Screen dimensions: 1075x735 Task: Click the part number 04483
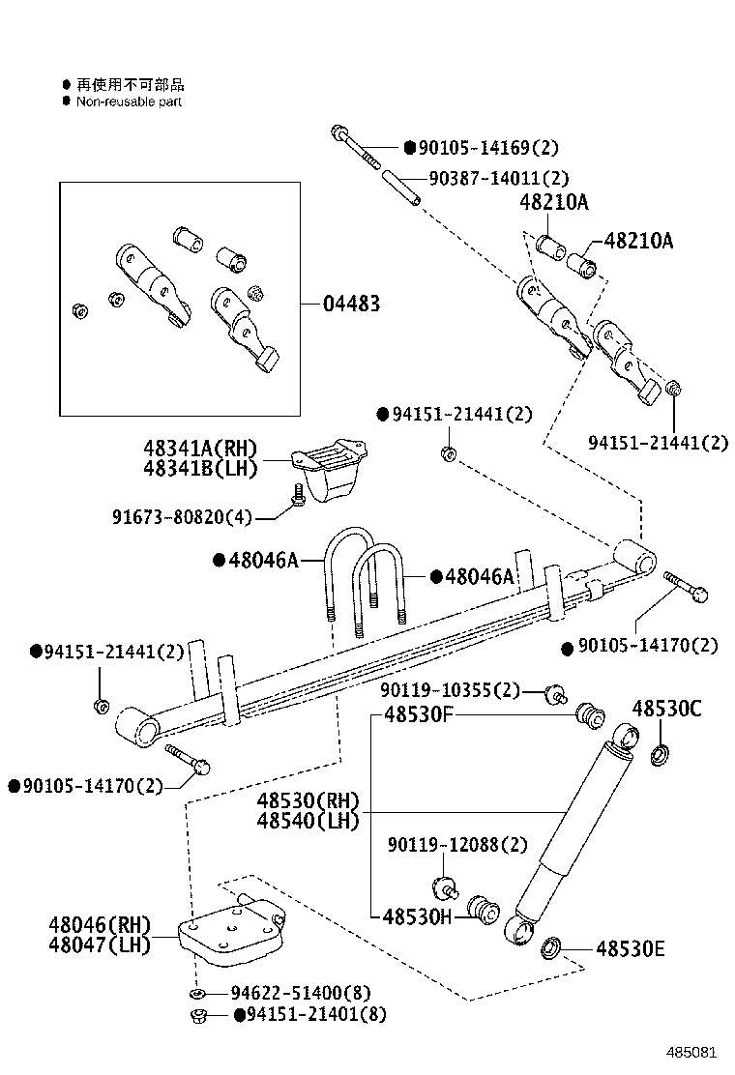pos(351,304)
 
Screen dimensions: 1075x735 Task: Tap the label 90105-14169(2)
pos(487,148)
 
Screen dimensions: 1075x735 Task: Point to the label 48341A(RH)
pos(200,448)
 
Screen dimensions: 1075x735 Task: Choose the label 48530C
pos(666,709)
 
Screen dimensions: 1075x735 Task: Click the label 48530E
pos(630,949)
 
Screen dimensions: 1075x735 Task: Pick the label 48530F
pos(419,715)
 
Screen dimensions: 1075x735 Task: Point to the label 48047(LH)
pos(100,944)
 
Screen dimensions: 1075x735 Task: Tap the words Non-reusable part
pos(129,102)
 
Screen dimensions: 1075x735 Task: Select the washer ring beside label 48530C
pos(661,752)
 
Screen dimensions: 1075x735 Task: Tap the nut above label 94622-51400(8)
pos(198,1015)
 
